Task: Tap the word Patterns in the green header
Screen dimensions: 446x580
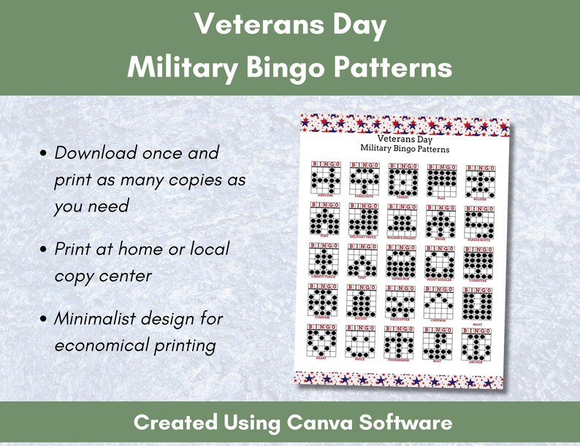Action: [392, 67]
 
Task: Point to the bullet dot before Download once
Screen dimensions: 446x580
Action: [45, 155]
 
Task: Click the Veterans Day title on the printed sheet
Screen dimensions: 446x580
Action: [405, 139]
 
